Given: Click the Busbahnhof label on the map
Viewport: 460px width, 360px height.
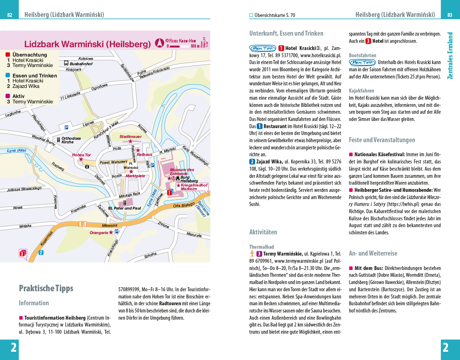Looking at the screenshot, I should [x=81, y=64].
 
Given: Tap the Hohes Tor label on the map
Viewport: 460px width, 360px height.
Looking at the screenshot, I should [x=81, y=155].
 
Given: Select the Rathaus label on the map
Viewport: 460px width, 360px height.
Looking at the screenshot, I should [x=144, y=154].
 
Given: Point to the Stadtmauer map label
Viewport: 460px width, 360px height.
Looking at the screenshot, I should [x=130, y=137].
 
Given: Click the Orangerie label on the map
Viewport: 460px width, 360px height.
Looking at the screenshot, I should [x=99, y=233].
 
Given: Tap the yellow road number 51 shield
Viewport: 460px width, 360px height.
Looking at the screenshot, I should [x=83, y=224].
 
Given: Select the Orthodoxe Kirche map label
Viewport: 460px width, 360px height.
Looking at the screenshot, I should [x=71, y=140].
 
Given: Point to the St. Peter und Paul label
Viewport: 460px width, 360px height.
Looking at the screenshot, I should [x=125, y=208].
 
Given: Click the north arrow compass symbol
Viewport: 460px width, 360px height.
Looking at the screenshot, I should [x=160, y=43].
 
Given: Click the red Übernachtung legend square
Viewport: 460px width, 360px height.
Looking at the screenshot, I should [x=8, y=55].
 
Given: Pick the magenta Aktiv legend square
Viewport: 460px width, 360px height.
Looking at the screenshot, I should [x=8, y=96].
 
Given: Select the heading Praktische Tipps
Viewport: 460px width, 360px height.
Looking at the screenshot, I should [x=46, y=288].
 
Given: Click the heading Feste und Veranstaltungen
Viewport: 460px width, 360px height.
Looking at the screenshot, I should [x=382, y=140].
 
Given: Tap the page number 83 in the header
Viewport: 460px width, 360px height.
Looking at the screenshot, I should [x=450, y=15].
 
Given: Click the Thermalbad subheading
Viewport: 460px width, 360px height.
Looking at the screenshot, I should [x=262, y=247].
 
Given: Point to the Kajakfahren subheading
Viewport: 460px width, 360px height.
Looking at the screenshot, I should [x=361, y=91].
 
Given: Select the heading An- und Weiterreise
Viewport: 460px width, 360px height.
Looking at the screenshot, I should [x=373, y=253].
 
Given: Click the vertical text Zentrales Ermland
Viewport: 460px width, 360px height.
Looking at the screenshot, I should [x=450, y=56].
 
